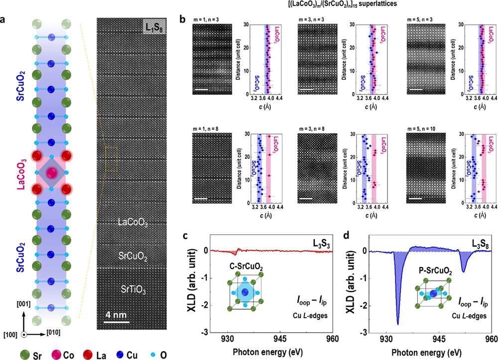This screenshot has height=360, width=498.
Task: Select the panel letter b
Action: click(183, 20)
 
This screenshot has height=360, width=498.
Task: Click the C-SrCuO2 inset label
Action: click(248, 267)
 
